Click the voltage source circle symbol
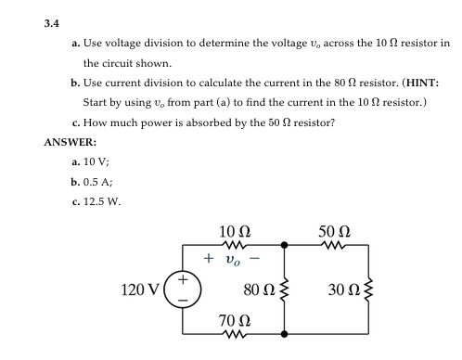[x=184, y=289]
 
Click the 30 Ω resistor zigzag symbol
[x=368, y=289]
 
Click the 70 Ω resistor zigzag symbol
[x=233, y=333]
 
